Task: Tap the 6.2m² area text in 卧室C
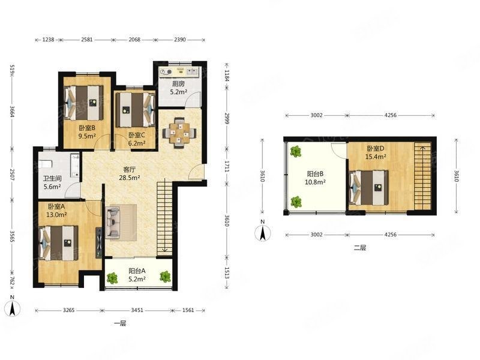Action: point(137,143)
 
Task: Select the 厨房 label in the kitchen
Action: point(178,83)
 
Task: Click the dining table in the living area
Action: point(179,133)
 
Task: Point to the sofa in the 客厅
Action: point(112,222)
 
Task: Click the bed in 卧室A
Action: point(58,243)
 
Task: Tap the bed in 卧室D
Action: point(369,187)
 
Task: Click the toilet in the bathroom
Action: point(46,164)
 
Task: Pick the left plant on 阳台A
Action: point(112,278)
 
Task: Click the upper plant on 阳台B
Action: point(296,152)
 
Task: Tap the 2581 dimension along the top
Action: point(86,40)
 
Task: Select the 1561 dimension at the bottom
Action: point(188,310)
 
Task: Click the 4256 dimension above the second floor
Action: point(391,115)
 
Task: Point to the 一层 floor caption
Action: point(119,323)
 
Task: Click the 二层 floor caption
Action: point(359,248)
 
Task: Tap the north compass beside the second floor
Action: point(263,232)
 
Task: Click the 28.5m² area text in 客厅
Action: point(130,177)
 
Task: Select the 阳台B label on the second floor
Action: point(315,174)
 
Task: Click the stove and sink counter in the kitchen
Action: point(179,71)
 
